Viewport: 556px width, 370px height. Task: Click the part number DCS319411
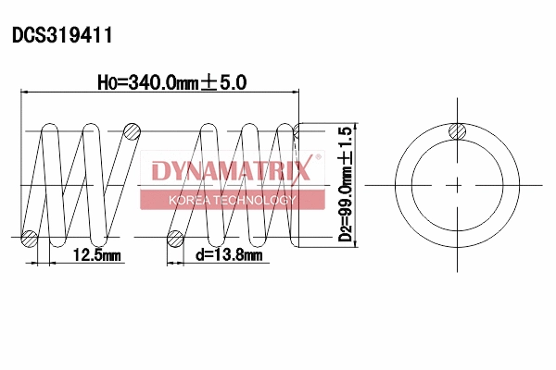click(62, 36)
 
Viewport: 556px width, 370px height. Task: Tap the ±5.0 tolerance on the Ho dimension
click(223, 82)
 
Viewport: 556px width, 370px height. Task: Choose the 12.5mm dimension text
click(96, 254)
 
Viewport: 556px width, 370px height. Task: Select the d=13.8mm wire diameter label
click(226, 254)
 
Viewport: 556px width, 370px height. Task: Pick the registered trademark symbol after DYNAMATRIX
click(318, 159)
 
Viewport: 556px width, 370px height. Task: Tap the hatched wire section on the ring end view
click(457, 131)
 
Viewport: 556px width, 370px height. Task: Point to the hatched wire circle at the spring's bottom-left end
click(30, 238)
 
